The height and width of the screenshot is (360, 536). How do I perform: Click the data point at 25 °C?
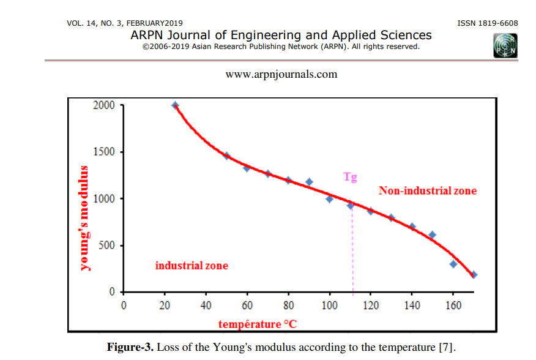175,105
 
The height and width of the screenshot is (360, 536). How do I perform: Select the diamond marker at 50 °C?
226,156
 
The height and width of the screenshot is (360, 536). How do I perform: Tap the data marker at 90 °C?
309,182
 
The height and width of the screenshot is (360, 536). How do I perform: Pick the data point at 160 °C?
453,264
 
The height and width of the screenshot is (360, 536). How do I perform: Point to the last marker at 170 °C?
474,275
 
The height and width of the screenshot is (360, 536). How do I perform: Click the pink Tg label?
350,178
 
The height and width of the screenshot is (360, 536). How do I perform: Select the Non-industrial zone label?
427,191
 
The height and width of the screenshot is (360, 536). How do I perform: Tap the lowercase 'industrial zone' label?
192,266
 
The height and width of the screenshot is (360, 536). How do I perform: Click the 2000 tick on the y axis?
104,105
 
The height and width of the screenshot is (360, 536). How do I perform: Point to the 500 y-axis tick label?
107,246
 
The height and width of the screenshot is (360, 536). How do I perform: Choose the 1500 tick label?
104,152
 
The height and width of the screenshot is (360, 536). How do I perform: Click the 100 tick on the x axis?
330,306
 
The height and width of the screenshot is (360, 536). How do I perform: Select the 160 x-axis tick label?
453,306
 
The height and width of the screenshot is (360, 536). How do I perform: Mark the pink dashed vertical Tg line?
352,257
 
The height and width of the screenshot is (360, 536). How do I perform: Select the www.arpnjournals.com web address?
281,75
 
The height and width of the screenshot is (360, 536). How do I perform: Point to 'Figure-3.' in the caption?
130,347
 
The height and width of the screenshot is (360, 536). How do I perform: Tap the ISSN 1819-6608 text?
488,23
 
